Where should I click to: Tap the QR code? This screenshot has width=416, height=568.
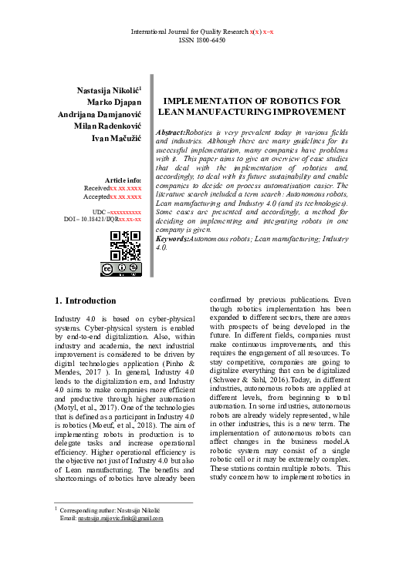point(126,245)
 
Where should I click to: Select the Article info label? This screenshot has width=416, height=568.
point(123,180)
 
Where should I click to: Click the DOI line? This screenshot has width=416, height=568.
point(102,220)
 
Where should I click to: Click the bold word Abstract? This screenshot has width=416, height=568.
point(171,133)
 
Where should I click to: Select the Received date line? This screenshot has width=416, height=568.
point(113,188)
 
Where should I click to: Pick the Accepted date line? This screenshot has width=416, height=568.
point(113,197)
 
